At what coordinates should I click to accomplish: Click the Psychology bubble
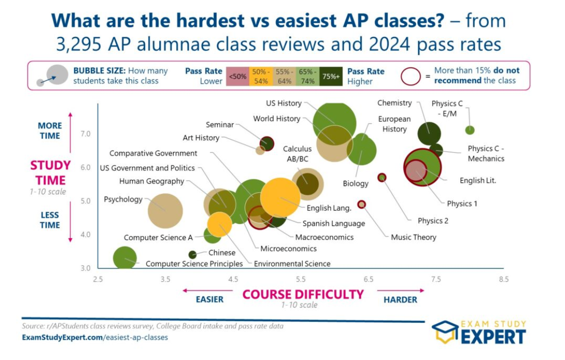click(165, 211)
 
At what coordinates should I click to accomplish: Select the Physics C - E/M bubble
click(470, 130)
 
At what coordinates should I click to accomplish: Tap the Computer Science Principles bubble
click(125, 257)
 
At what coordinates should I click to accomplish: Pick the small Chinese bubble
click(192, 255)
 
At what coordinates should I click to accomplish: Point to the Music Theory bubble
click(361, 204)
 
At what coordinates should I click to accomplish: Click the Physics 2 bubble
click(382, 177)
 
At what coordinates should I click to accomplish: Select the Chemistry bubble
click(429, 134)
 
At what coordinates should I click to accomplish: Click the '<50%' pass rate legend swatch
click(238, 76)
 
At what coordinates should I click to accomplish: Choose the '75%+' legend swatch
click(331, 76)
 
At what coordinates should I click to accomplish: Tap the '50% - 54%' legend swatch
click(261, 76)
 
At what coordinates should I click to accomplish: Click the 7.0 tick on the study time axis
click(85, 134)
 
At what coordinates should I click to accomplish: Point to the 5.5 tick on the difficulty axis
click(301, 279)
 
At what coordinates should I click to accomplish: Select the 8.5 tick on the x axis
click(504, 279)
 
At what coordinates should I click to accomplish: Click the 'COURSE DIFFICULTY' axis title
click(303, 294)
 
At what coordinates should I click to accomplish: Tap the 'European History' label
click(394, 124)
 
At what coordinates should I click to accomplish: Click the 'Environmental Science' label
click(292, 264)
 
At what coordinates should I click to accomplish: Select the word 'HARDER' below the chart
click(401, 300)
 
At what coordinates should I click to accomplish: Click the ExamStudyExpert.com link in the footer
click(95, 338)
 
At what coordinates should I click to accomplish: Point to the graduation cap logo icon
click(445, 332)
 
